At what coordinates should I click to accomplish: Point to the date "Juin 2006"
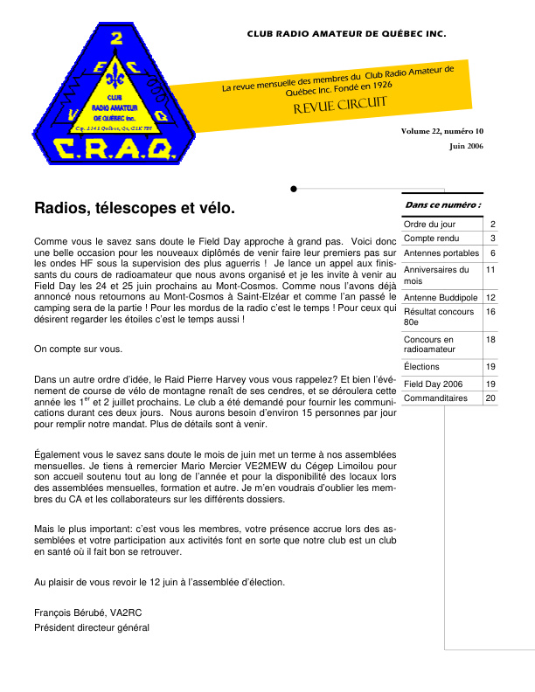tap(466, 146)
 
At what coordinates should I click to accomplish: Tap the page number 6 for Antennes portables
tap(492, 253)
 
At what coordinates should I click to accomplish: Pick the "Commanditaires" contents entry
tap(435, 398)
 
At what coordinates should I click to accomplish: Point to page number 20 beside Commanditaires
tap(490, 398)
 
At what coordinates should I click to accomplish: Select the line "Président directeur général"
tap(92, 627)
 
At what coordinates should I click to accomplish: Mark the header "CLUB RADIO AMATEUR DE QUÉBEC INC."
tap(346, 35)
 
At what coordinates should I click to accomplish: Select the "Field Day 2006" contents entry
tap(434, 384)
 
